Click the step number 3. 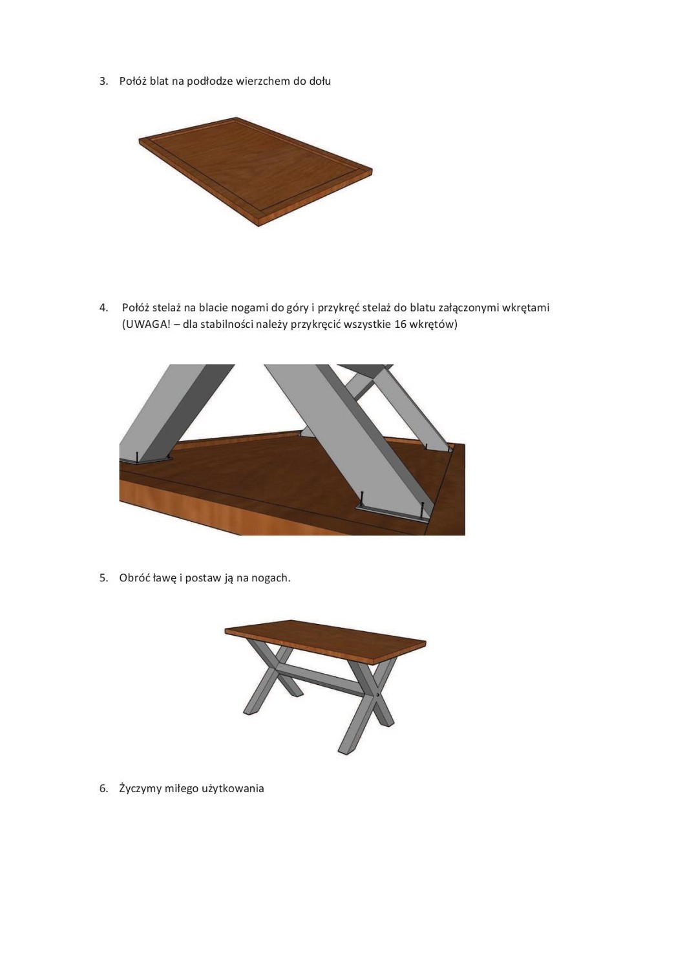tap(103, 81)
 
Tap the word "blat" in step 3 tap(159, 81)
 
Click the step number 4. tap(103, 308)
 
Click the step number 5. tap(103, 578)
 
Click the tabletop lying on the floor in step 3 tap(255, 171)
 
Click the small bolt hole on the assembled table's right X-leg tap(379, 695)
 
